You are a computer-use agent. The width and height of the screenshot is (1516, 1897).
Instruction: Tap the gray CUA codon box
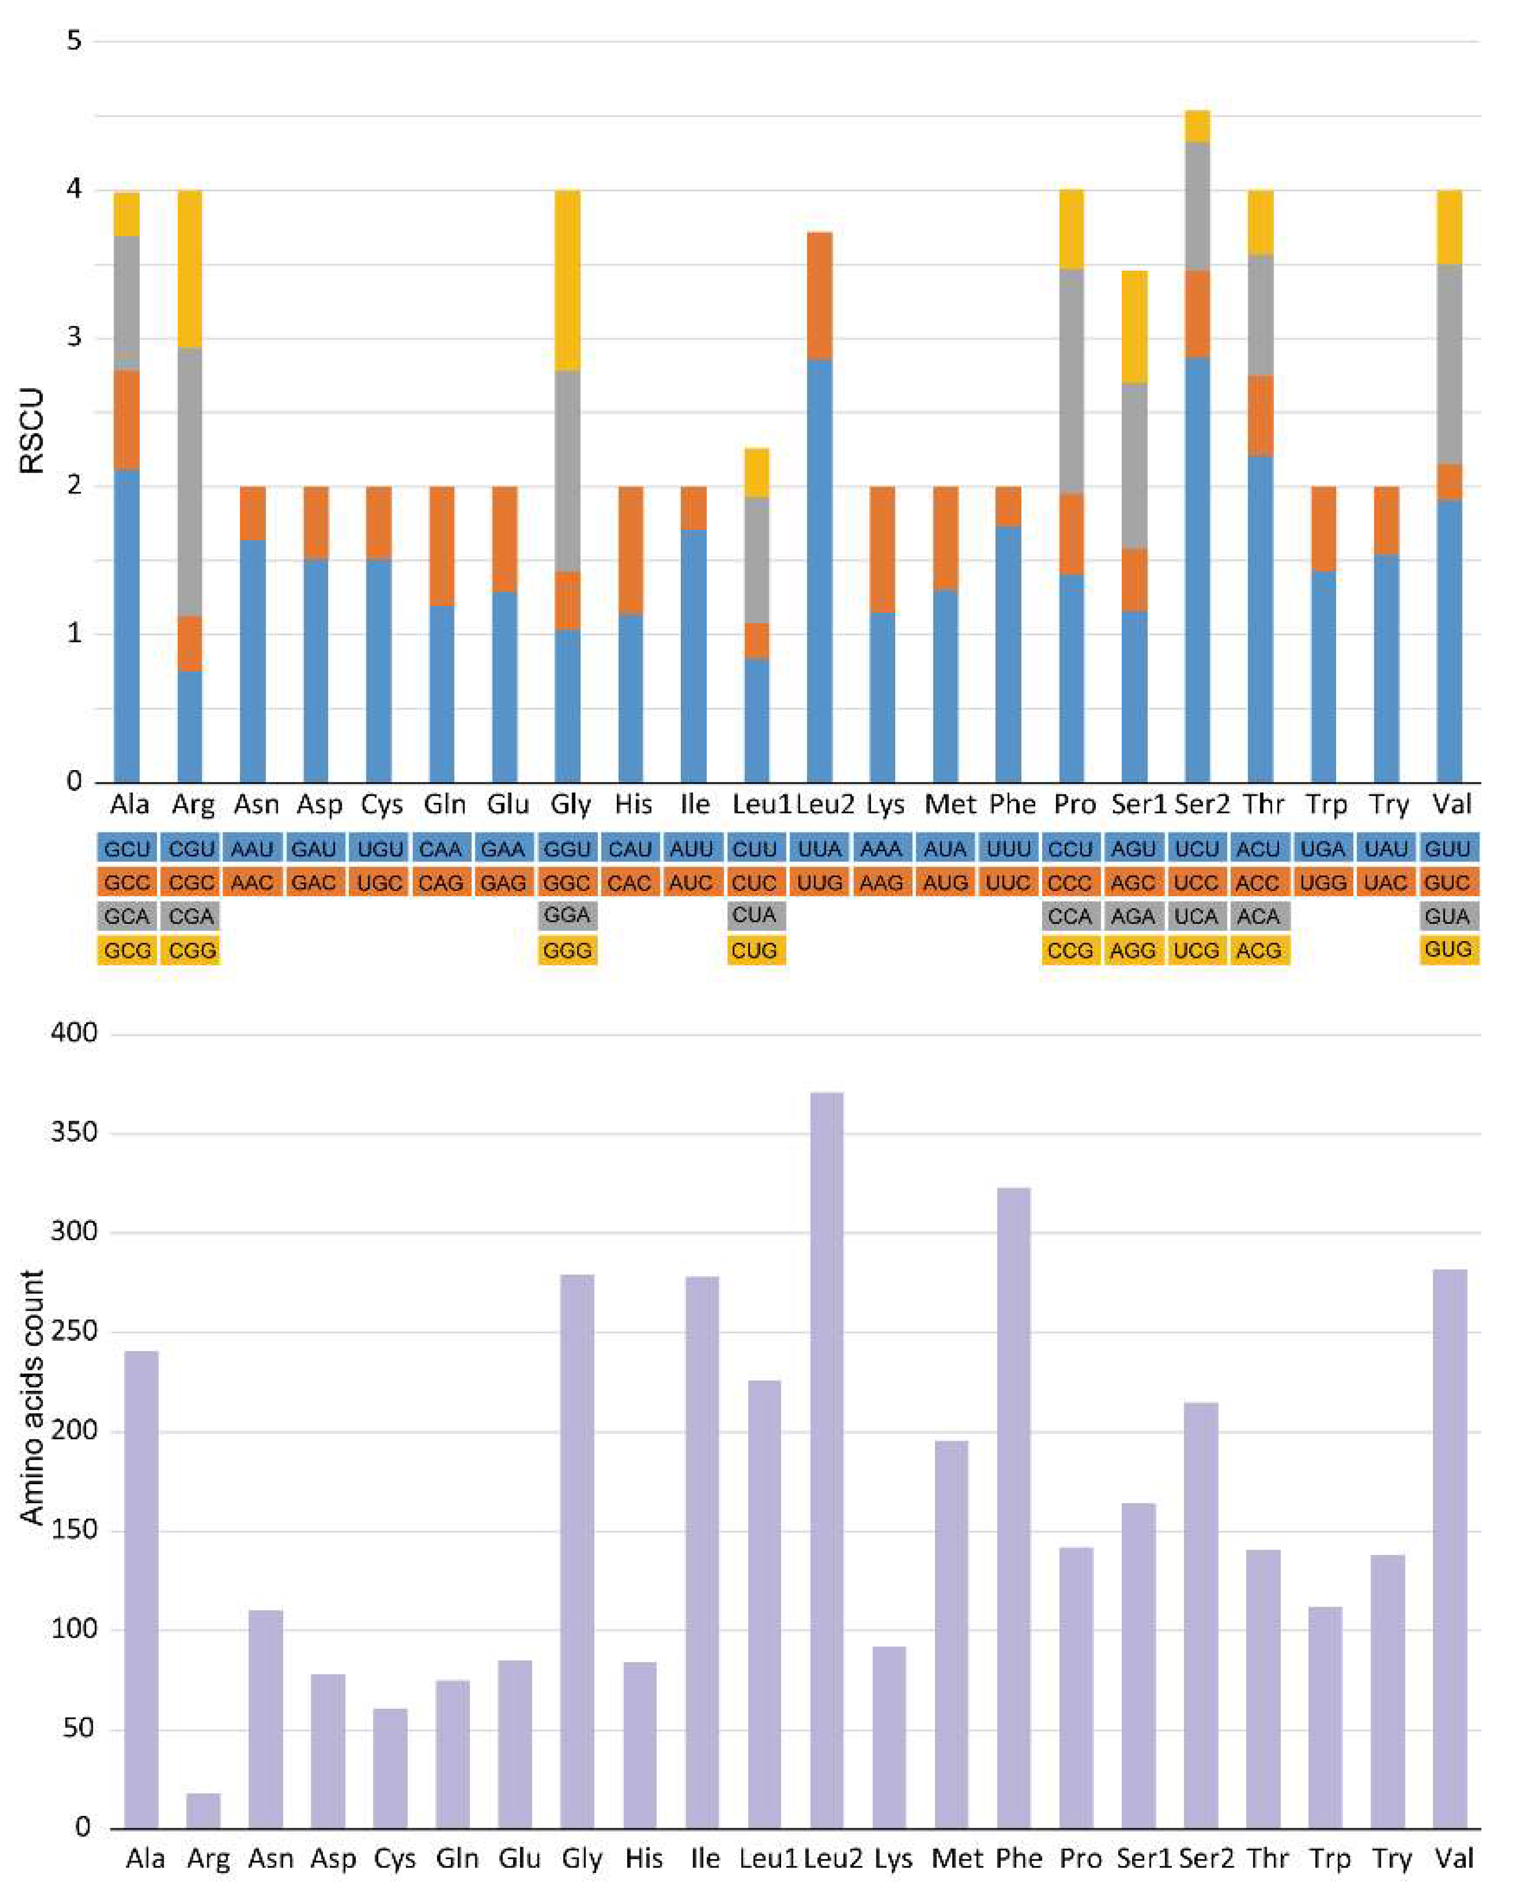point(756,916)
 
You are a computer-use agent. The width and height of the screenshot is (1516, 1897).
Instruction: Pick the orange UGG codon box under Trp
point(1323,883)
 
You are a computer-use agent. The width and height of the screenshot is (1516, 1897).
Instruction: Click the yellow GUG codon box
point(1448,949)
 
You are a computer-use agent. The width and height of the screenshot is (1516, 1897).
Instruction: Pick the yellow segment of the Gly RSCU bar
point(567,280)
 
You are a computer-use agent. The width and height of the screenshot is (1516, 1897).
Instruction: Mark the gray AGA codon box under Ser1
point(1133,916)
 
